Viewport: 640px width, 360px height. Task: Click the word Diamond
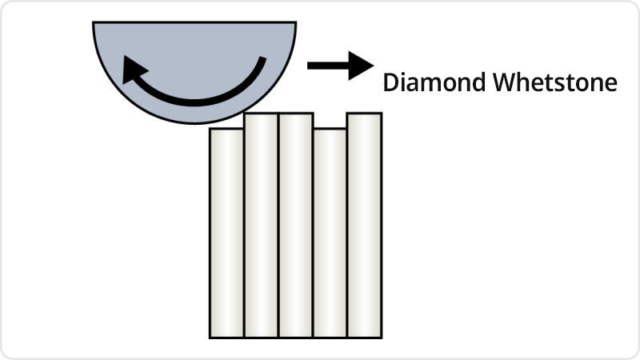(430, 82)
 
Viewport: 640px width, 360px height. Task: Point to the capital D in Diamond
(390, 82)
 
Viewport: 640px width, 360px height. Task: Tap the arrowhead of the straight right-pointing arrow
(362, 65)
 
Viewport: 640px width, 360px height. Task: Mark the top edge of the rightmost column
(364, 114)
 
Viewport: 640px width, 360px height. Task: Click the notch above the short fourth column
(330, 121)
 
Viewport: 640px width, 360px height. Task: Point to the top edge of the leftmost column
(226, 129)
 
